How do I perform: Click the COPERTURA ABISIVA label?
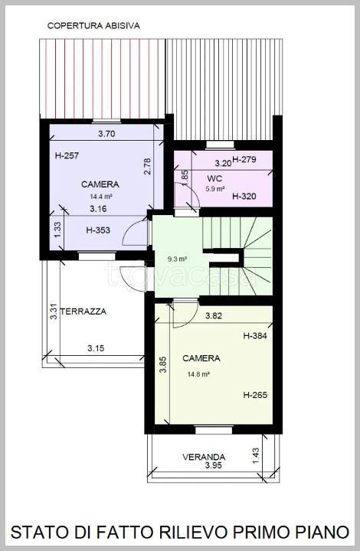point(93,26)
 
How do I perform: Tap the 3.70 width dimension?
point(106,134)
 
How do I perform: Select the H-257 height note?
point(67,155)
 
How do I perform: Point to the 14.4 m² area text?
point(101,197)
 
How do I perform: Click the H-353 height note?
point(98,230)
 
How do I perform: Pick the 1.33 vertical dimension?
point(57,229)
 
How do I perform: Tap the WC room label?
point(214,178)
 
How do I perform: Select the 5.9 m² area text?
point(215,189)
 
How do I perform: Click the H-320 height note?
point(244,196)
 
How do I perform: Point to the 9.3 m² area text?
point(177,259)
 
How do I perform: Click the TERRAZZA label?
point(83,311)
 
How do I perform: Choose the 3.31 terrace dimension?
point(54,311)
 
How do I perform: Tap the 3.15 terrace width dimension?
point(96,348)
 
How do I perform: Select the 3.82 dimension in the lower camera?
point(214,315)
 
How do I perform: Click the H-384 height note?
point(255,336)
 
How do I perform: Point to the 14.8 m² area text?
point(198,374)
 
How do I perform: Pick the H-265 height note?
point(255,395)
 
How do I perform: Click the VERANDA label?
point(204,457)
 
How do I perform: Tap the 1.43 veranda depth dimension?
point(256,455)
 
